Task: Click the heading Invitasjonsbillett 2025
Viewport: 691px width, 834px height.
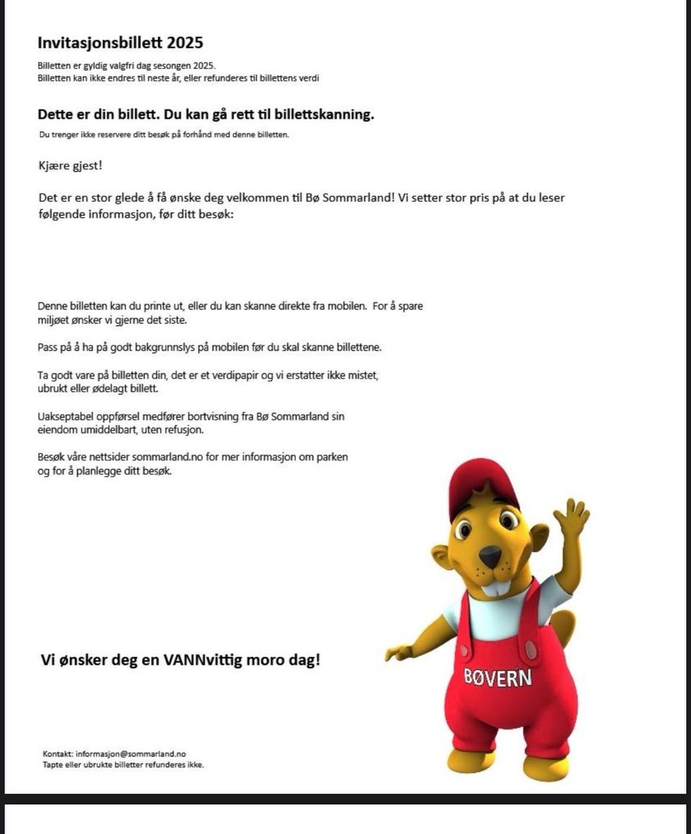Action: [120, 42]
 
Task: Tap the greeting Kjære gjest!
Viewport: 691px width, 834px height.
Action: [70, 166]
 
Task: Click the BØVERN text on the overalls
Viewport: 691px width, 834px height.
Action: [497, 677]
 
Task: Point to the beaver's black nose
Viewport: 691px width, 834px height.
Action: [490, 554]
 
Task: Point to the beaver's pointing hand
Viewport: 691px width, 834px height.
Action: [398, 653]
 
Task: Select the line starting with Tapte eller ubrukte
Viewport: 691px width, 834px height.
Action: [123, 765]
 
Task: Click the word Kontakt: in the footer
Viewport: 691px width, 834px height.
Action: [58, 754]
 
